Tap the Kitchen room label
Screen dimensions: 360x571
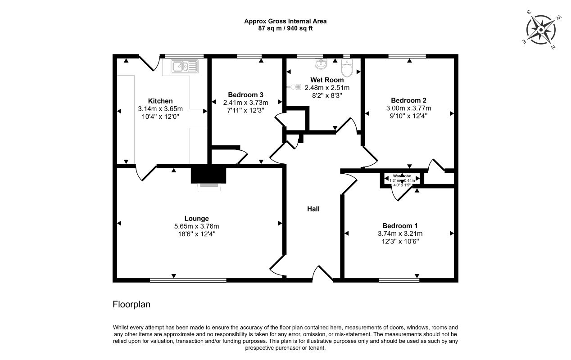coord(160,101)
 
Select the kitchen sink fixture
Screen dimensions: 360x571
coord(184,67)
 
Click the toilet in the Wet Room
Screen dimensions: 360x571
coord(347,69)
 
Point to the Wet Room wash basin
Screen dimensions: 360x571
coord(321,65)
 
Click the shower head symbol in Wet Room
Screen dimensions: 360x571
coord(298,87)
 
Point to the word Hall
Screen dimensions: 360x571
coord(313,209)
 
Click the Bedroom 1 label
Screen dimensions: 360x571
coord(400,226)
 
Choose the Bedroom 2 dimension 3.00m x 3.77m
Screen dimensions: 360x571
coord(408,108)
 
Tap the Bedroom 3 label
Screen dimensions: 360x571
coord(245,94)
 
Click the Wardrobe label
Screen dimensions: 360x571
coord(402,176)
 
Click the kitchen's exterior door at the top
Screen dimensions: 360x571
coord(149,63)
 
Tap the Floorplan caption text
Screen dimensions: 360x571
coord(131,305)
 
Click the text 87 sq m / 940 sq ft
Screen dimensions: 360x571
coord(285,28)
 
